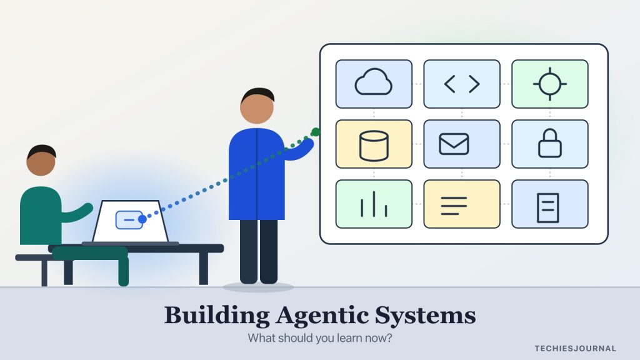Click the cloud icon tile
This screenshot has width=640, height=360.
coord(374,84)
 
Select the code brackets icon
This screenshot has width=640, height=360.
coord(462,84)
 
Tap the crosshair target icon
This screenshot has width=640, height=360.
coord(550,84)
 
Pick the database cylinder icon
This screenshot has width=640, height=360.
coord(374,146)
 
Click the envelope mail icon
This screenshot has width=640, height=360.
coord(454,144)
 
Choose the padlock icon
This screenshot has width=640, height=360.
coord(550,143)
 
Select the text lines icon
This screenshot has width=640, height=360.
coord(454,206)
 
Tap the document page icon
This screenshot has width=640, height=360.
coord(547,207)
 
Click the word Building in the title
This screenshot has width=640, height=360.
coord(217,316)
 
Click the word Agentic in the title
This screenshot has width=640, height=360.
coord(322,316)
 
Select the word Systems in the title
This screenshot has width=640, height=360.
coord(425,316)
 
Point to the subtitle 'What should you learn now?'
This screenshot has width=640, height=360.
coord(319,338)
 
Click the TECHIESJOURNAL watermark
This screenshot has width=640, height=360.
coord(576,349)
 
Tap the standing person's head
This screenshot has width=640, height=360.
coord(257,106)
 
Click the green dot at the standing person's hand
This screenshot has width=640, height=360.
coord(316,132)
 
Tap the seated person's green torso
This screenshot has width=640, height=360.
coord(41,216)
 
